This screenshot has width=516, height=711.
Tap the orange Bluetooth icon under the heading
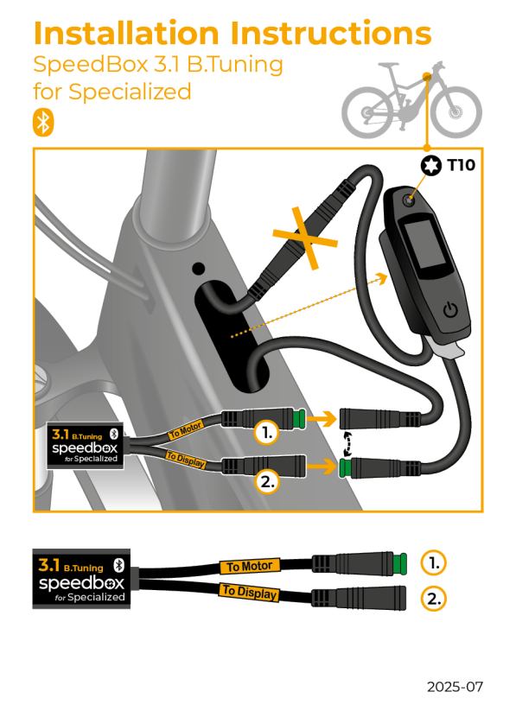pyautogui.click(x=42, y=122)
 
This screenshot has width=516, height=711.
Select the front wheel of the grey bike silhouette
pyautogui.click(x=455, y=112)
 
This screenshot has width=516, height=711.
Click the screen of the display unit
pyautogui.click(x=425, y=245)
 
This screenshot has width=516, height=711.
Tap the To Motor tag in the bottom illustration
pyautogui.click(x=249, y=567)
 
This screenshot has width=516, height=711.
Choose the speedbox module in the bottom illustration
pyautogui.click(x=80, y=578)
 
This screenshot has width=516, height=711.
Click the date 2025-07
pyautogui.click(x=455, y=687)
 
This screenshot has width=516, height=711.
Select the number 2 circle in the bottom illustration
pyautogui.click(x=434, y=598)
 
